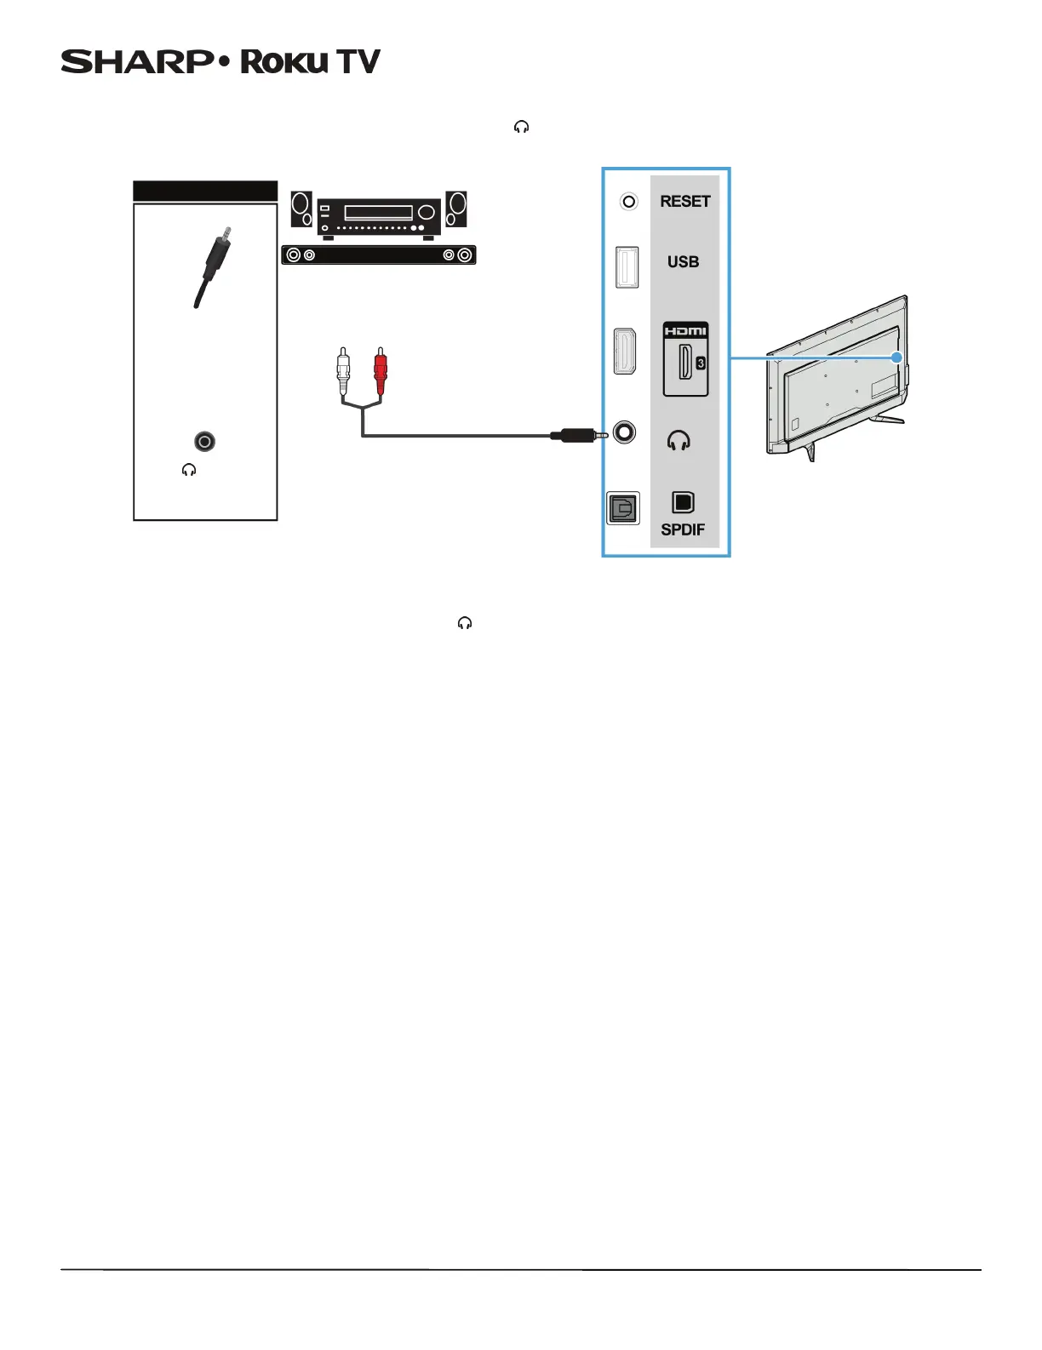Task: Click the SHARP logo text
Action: pyautogui.click(x=137, y=62)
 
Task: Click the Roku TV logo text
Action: pyautogui.click(x=310, y=62)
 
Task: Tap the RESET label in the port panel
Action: pyautogui.click(x=684, y=202)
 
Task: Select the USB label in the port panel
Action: pyautogui.click(x=683, y=262)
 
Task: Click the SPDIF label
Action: pyautogui.click(x=683, y=529)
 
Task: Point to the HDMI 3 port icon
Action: pyautogui.click(x=685, y=359)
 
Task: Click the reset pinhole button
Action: pyautogui.click(x=628, y=202)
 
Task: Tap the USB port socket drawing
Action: pyautogui.click(x=627, y=266)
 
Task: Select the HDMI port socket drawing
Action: pyautogui.click(x=625, y=352)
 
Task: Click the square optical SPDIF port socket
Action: pyautogui.click(x=622, y=509)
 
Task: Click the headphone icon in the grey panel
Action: pyautogui.click(x=678, y=441)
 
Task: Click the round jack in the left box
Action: pyautogui.click(x=204, y=441)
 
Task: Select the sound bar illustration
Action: pyautogui.click(x=379, y=255)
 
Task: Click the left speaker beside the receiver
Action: pyautogui.click(x=301, y=209)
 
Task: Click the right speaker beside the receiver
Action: pyautogui.click(x=456, y=209)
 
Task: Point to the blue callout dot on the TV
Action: pyautogui.click(x=896, y=358)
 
